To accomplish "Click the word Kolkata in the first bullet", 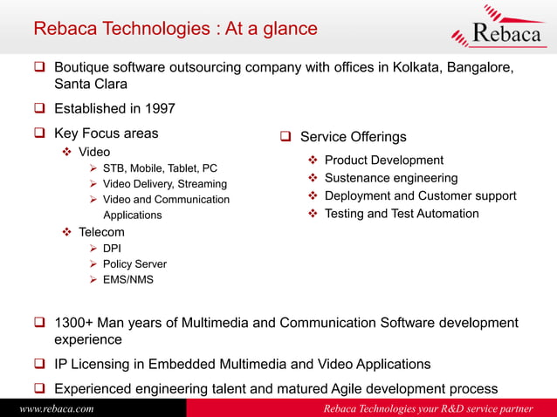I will pyautogui.click(x=404, y=67).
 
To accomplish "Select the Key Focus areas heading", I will pyautogui.click(x=107, y=133).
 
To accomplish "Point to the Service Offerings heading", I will pyautogui.click(x=353, y=137).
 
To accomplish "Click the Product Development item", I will pyautogui.click(x=383, y=161).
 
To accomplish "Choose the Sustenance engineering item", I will pyautogui.click(x=390, y=178).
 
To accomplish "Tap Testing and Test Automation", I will pyautogui.click(x=401, y=214).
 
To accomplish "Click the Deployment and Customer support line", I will pyautogui.click(x=420, y=196).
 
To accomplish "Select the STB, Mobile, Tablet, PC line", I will pyautogui.click(x=160, y=168).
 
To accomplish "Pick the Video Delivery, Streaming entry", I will pyautogui.click(x=164, y=184).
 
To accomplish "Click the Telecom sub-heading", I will pyautogui.click(x=101, y=232).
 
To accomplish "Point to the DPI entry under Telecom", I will pyautogui.click(x=112, y=249).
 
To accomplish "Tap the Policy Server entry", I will pyautogui.click(x=134, y=264).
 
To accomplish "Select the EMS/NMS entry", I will pyautogui.click(x=127, y=280).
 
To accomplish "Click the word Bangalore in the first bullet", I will pyautogui.click(x=472, y=67).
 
